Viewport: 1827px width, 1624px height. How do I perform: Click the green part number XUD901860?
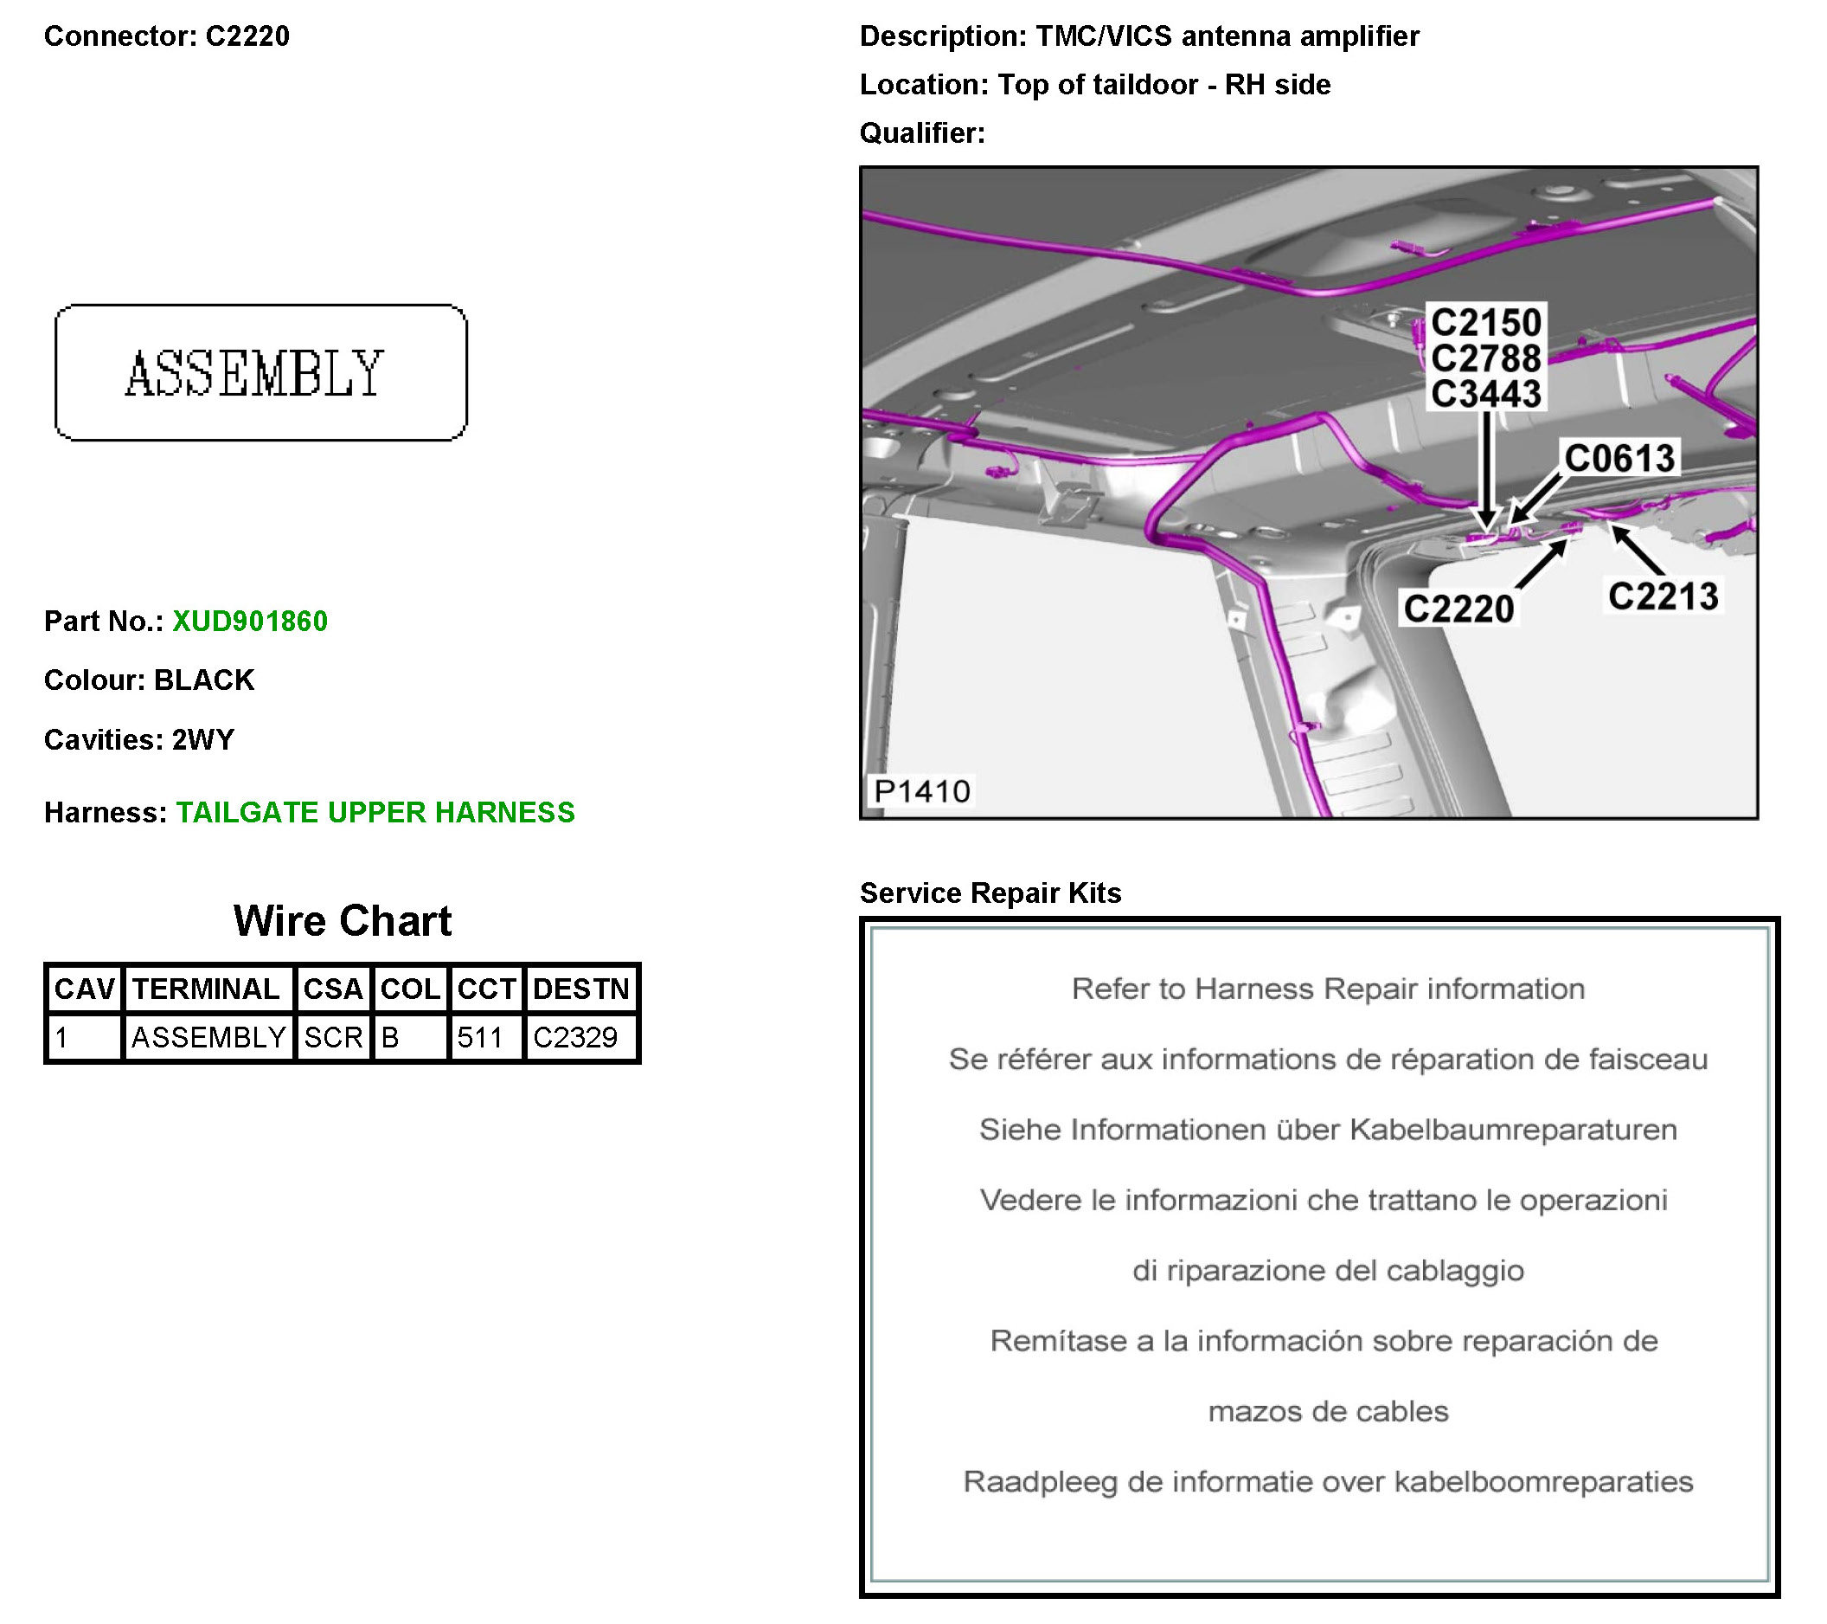249,621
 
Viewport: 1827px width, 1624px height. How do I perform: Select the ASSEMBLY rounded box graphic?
260,372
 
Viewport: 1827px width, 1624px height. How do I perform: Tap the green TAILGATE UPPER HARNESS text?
375,812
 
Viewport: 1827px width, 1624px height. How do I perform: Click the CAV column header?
84,989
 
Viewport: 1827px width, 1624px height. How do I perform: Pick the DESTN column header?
581,989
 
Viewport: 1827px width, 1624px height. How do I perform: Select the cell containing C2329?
575,1037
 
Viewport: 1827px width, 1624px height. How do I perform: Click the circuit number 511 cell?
480,1037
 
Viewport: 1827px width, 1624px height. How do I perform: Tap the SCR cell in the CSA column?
333,1037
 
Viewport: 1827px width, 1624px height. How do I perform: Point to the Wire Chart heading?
343,920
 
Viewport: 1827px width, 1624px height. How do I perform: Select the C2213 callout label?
1663,596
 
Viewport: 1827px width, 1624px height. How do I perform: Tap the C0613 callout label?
1619,459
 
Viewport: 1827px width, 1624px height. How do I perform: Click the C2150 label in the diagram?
1485,323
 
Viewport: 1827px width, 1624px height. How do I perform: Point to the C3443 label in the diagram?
1485,395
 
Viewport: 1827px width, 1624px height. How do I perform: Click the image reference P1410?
921,791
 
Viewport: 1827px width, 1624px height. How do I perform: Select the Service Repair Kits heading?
990,893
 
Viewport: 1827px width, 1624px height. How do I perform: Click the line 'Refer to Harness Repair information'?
1327,989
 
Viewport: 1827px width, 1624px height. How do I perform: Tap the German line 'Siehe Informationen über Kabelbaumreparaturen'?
1327,1130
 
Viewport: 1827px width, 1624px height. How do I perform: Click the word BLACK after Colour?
204,680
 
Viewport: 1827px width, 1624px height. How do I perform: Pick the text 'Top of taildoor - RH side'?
1164,84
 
